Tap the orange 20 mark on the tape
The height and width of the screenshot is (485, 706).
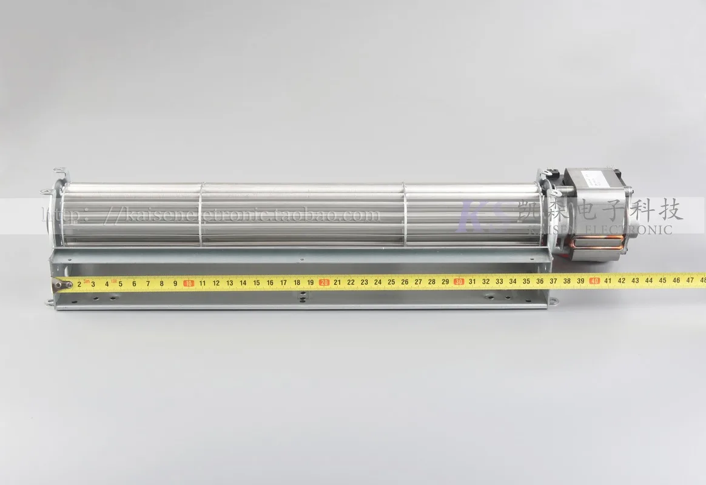[324, 282]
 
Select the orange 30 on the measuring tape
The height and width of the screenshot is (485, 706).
[459, 281]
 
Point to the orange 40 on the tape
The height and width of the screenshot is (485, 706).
[594, 281]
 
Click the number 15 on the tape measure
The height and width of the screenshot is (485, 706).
[256, 283]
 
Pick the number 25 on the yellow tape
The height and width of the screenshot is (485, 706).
[391, 282]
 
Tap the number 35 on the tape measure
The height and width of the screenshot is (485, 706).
[526, 281]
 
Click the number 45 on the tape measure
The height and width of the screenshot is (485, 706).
[662, 280]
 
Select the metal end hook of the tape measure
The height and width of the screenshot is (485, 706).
[62, 284]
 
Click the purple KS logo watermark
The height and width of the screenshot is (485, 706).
[484, 217]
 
